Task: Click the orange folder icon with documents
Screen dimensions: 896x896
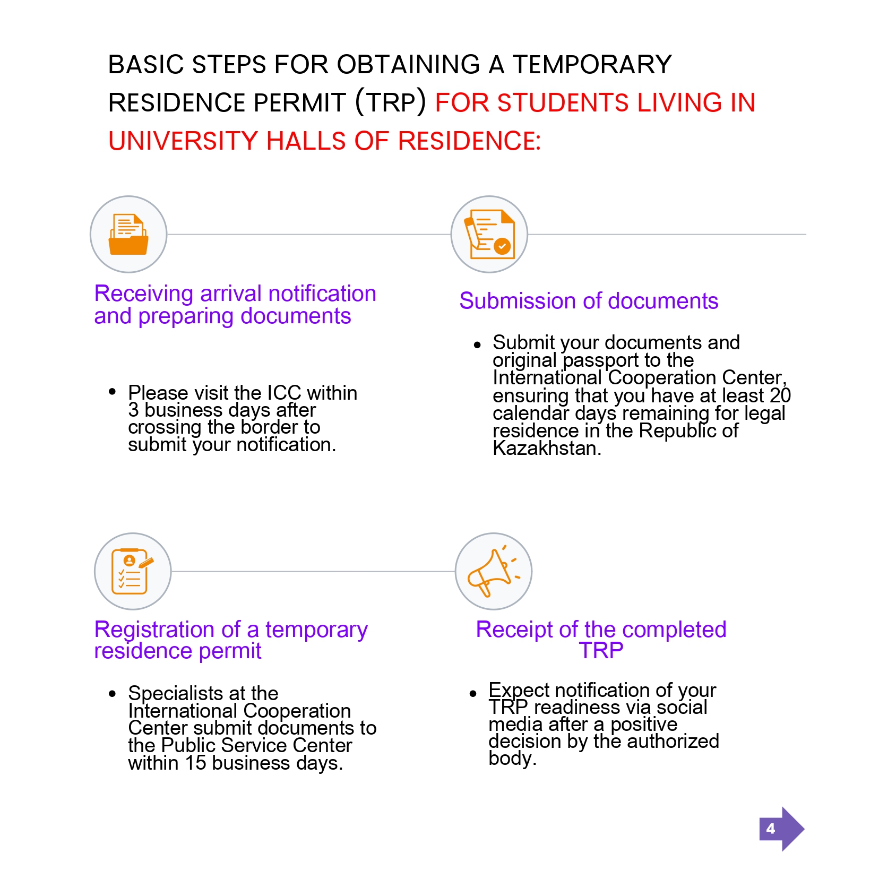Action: [x=128, y=235]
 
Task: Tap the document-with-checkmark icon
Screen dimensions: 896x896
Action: [x=489, y=235]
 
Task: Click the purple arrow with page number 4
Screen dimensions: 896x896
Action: [x=781, y=829]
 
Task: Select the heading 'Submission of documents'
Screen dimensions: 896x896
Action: [x=589, y=301]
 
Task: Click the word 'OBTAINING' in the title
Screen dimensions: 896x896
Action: [x=408, y=65]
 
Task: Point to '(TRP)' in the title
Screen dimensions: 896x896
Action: [x=391, y=102]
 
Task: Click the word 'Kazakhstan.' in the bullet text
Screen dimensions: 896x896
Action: [x=547, y=449]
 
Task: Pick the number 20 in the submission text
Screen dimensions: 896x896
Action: [x=780, y=395]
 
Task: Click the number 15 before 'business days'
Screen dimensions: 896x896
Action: [x=195, y=763]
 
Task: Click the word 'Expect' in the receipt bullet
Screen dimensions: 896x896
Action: [x=519, y=690]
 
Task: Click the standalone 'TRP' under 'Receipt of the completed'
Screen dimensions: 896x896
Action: [x=601, y=651]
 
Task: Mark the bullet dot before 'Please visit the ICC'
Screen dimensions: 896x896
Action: [x=112, y=392]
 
